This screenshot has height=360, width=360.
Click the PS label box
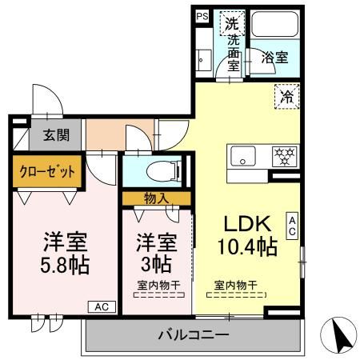tap(202, 15)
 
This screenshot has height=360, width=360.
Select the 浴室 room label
tap(276, 58)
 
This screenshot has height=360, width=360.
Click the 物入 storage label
tap(156, 198)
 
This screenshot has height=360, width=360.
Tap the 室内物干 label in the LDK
tap(235, 285)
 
